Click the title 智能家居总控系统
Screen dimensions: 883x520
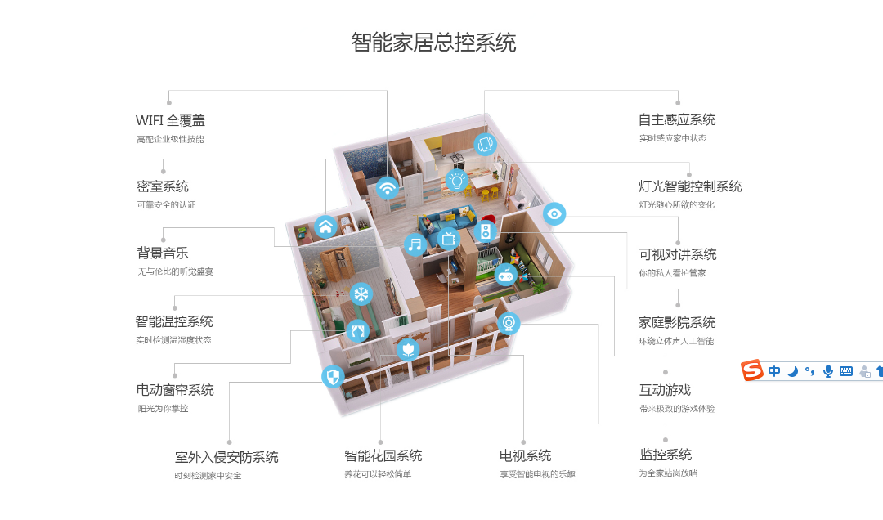pos(433,43)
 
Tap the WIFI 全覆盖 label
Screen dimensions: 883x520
pos(170,120)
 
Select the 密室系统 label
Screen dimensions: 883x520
pos(163,186)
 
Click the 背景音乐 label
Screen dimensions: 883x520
pos(163,253)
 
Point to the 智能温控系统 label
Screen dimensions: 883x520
pos(174,321)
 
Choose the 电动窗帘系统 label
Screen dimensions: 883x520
pos(175,390)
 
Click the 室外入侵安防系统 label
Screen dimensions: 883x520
pos(226,457)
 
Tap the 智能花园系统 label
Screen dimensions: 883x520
pos(383,455)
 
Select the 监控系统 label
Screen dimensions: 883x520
pos(666,455)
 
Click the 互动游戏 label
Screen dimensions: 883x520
pos(665,390)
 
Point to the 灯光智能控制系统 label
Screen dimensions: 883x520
pos(690,186)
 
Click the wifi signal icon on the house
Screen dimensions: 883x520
pos(388,187)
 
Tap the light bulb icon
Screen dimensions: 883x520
pos(457,180)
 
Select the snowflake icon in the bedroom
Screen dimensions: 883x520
pos(361,294)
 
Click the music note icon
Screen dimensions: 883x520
pos(415,244)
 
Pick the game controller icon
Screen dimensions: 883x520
pos(506,276)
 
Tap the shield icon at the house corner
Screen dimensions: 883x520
pos(333,376)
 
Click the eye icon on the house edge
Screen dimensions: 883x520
pos(554,214)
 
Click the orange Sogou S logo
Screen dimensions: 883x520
pos(752,370)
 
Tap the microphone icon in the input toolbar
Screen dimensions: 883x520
pos(827,371)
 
